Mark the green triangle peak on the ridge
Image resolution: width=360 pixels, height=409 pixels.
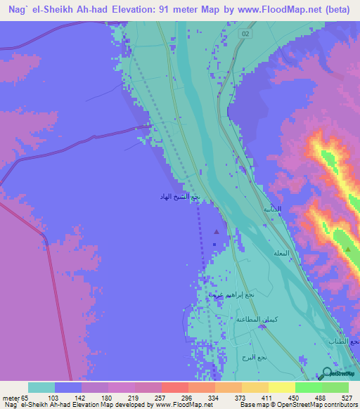click(347, 249)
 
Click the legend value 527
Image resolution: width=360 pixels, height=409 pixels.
click(347, 398)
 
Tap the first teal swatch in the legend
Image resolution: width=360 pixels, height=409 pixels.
click(41, 387)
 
